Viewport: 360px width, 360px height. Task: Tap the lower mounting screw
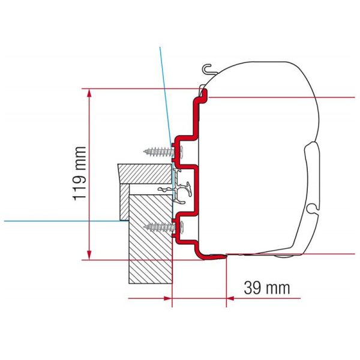158,226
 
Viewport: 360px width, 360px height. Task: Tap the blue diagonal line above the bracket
164,90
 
